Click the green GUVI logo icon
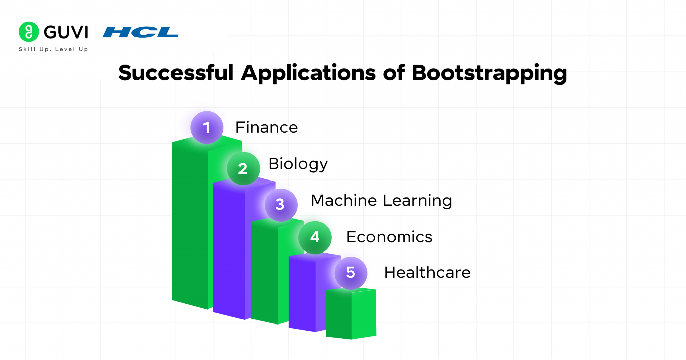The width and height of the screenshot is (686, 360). [29, 32]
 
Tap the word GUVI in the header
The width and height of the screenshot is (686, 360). [66, 32]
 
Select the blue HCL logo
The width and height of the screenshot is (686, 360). [140, 32]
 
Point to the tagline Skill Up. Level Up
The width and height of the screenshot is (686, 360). [53, 49]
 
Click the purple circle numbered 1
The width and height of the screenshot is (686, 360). [207, 128]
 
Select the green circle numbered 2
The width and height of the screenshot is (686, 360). [243, 168]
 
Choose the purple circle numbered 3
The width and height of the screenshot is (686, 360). [281, 205]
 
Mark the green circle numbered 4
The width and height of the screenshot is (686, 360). [315, 237]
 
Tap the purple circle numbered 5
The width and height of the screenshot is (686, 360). [351, 273]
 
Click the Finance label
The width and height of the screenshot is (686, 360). [267, 127]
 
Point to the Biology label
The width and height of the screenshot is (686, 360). [298, 164]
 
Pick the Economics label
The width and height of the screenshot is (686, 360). [389, 237]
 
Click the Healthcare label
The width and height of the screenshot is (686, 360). [427, 272]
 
